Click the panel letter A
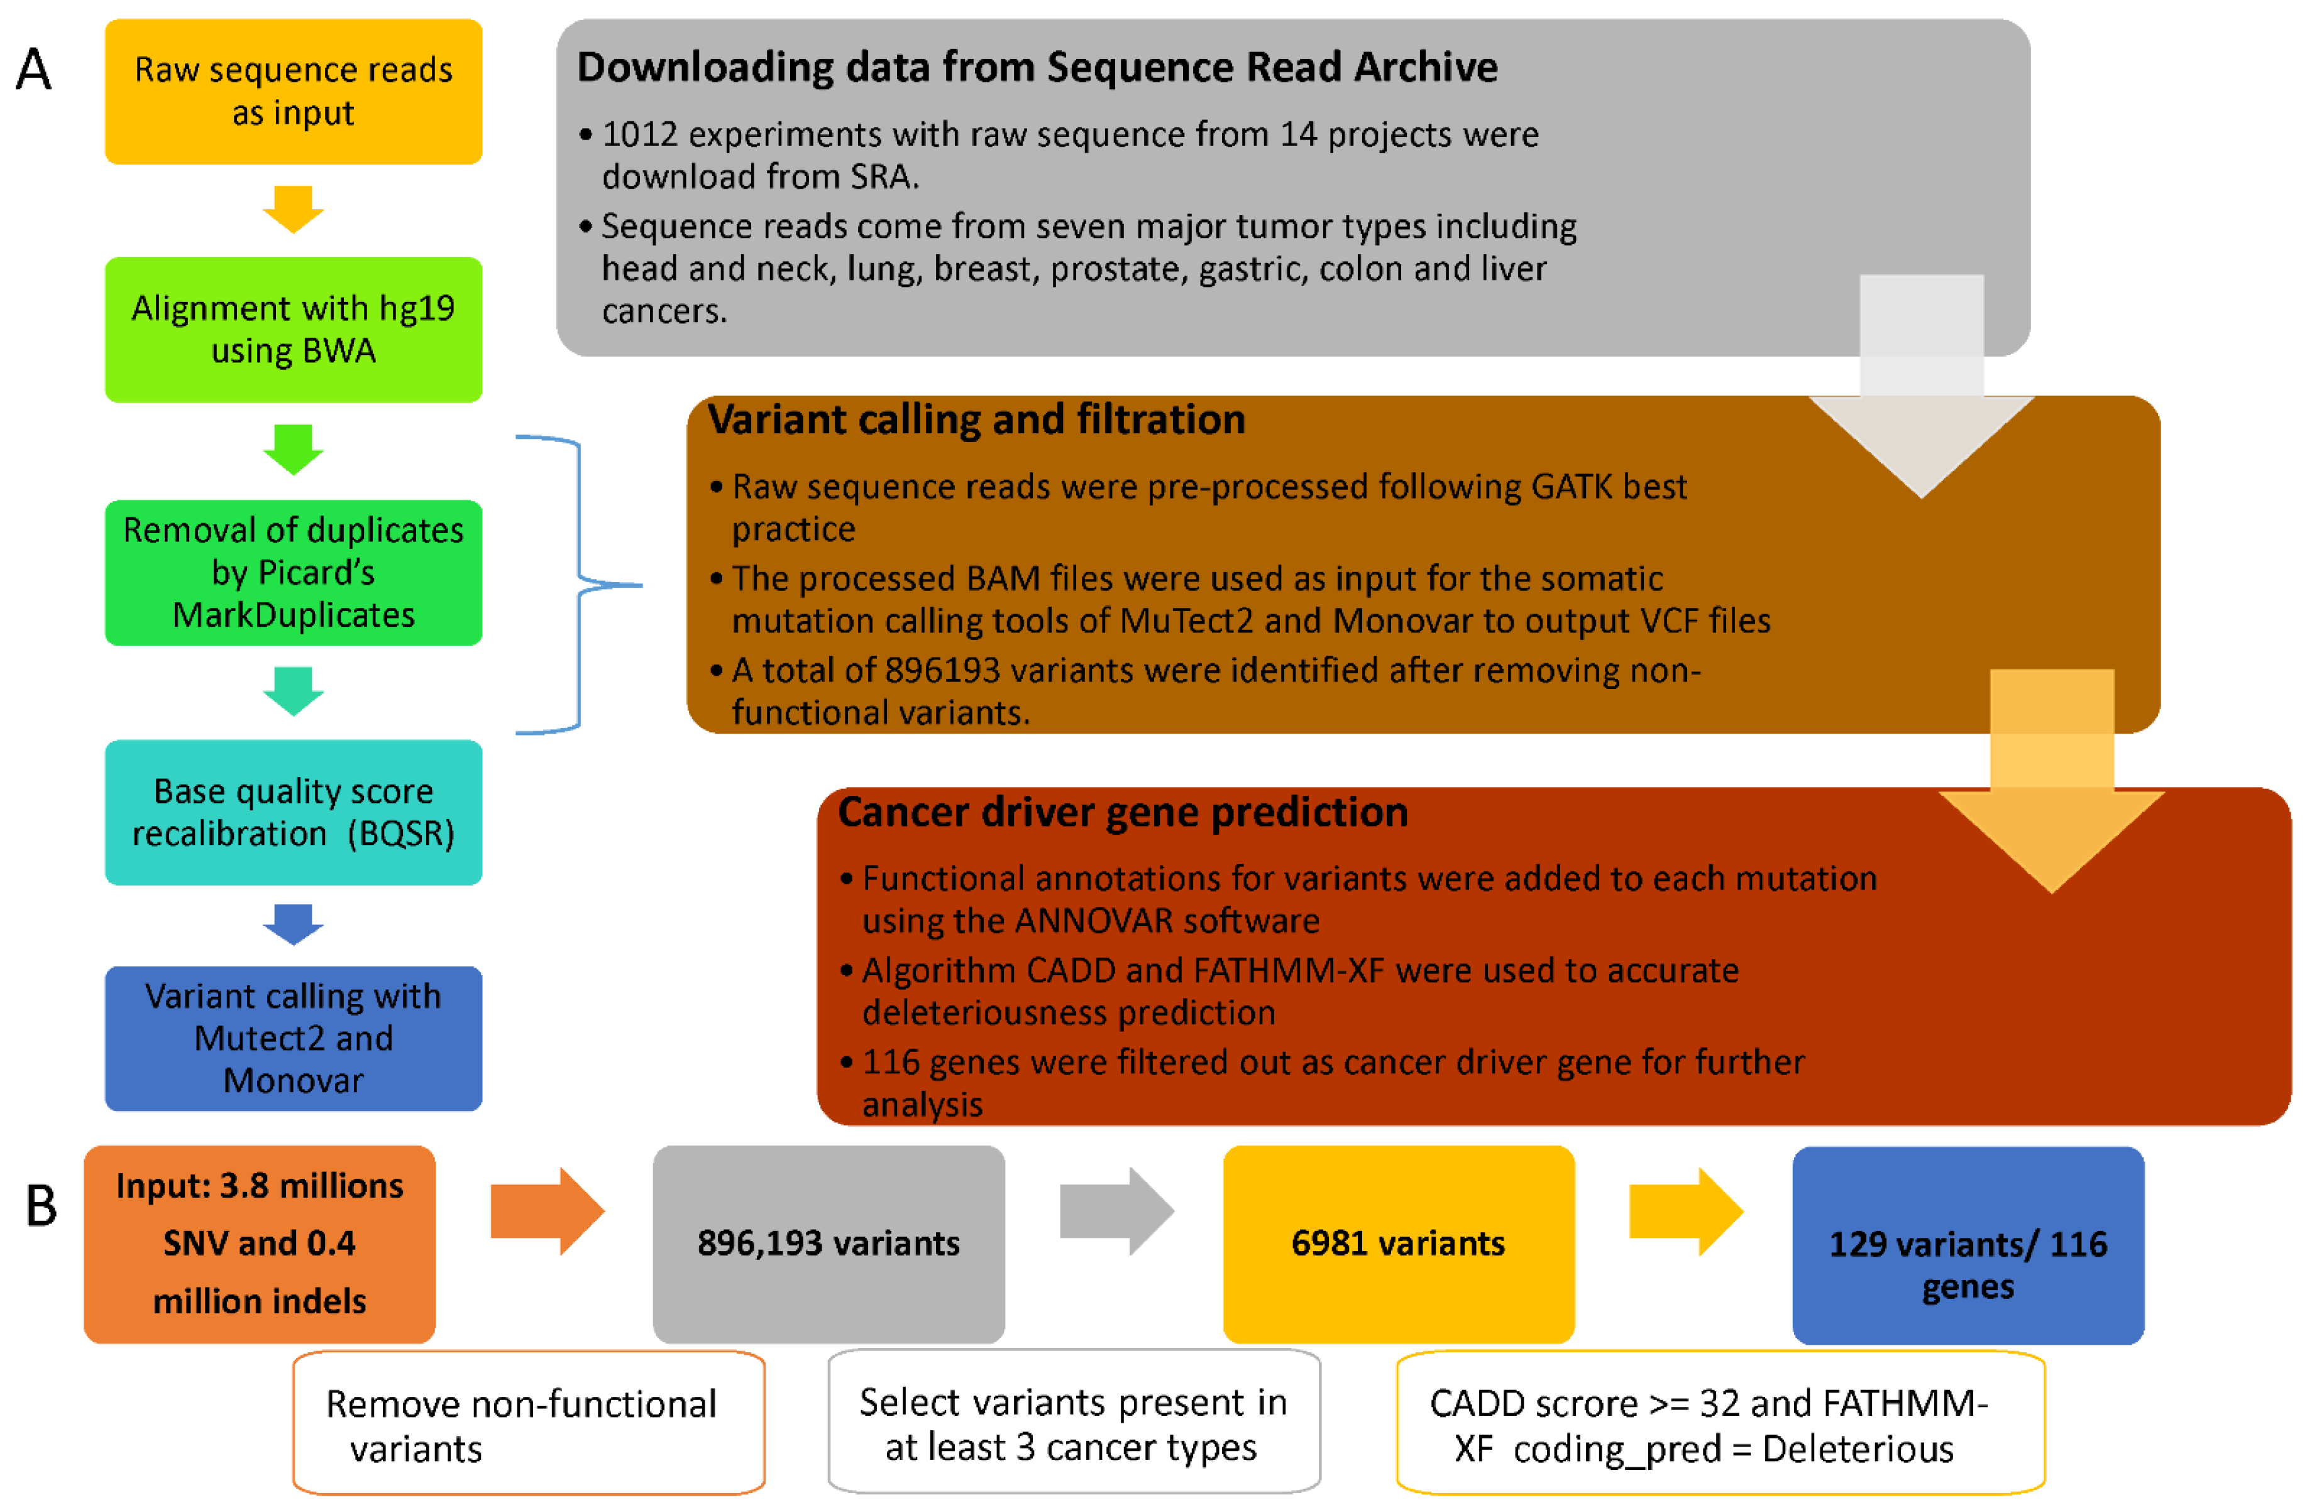[x=34, y=70]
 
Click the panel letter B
[x=41, y=1206]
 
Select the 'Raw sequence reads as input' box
[x=293, y=91]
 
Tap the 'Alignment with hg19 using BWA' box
[x=293, y=329]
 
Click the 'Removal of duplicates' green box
[x=293, y=572]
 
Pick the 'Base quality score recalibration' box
[x=293, y=812]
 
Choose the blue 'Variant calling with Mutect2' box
[x=293, y=1038]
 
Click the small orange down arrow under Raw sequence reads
[x=293, y=208]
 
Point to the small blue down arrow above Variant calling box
[x=293, y=924]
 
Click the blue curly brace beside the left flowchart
[x=580, y=585]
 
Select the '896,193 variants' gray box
[x=828, y=1244]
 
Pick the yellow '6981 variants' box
[x=1398, y=1244]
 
